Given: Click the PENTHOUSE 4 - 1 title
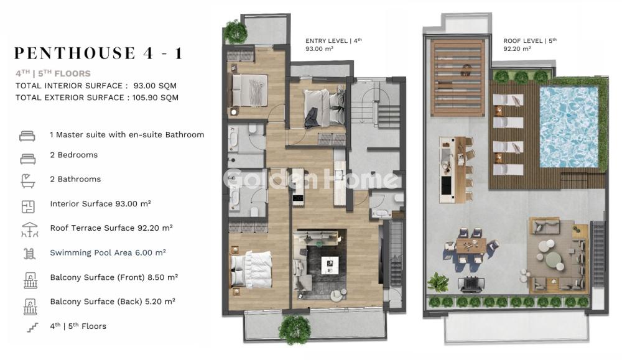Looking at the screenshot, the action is point(98,53).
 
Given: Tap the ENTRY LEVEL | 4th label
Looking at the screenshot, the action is point(333,40).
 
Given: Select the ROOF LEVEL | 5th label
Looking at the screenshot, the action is point(530,40).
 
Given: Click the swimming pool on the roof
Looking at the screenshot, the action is point(569,127).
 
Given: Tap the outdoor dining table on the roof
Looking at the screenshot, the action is point(471,245).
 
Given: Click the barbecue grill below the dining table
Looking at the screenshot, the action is point(471,284).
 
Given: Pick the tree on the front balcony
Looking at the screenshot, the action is point(294,329).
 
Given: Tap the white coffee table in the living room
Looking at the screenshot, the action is point(330,265).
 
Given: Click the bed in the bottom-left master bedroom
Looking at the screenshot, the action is point(251,269).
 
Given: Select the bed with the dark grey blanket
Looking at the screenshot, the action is point(324,108).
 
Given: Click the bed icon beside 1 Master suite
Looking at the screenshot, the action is point(27,136).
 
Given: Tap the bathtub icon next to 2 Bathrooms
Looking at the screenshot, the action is point(28,181).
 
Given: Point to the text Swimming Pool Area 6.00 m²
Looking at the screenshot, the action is point(108,252).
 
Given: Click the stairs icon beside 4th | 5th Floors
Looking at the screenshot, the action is point(32,328).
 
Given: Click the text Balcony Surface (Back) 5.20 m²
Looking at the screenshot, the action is point(113,302).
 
